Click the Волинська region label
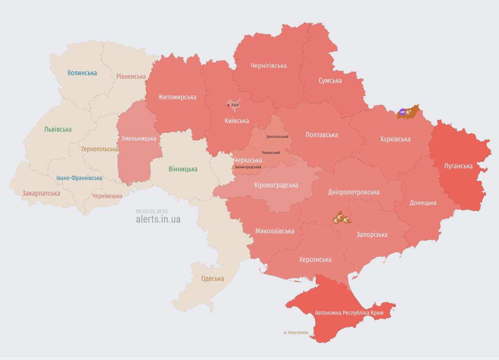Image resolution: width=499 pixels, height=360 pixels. (x=82, y=73)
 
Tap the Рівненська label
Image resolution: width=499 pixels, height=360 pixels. (x=131, y=76)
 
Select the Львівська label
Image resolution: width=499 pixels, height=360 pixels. (x=58, y=129)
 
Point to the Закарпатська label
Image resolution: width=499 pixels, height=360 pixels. (x=41, y=193)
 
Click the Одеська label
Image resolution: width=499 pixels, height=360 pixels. (x=212, y=279)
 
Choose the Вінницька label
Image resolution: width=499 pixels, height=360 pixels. (x=183, y=169)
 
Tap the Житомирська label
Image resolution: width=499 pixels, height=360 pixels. (x=177, y=97)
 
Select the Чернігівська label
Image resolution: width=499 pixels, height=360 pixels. (x=269, y=65)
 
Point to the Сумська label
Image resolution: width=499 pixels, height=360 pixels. (x=330, y=81)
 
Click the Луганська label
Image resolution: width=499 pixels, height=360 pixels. (x=458, y=166)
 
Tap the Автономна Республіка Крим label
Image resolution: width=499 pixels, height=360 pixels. (x=349, y=313)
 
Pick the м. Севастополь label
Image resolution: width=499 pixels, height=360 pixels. (x=296, y=333)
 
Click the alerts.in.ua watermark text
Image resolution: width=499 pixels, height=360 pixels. (x=158, y=219)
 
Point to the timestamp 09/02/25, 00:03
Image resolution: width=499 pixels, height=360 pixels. (x=152, y=211)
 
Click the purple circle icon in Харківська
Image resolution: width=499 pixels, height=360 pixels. (x=402, y=112)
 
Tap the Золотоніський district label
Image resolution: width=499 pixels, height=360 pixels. (x=277, y=137)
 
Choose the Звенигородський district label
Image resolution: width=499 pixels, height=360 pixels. (x=248, y=167)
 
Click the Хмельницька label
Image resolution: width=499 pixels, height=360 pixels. (x=139, y=138)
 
